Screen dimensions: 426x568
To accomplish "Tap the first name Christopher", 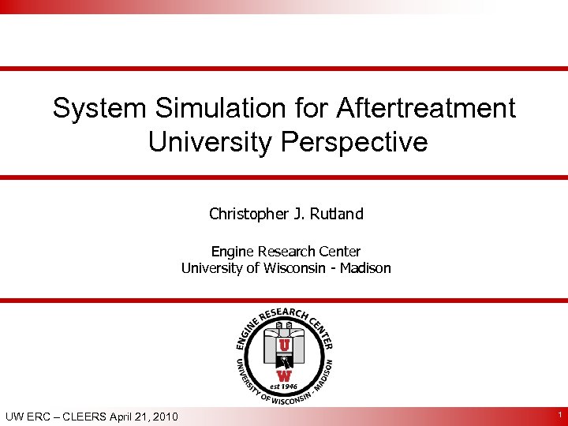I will point(245,214).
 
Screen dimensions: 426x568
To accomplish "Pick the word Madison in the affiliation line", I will point(365,268).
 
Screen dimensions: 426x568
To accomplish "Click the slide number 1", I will point(558,414).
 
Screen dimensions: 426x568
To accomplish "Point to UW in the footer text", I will point(15,417).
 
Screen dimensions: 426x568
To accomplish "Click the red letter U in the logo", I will point(284,346).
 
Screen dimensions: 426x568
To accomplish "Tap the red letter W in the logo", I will point(284,376).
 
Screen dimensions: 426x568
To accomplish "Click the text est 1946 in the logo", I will point(284,387).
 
